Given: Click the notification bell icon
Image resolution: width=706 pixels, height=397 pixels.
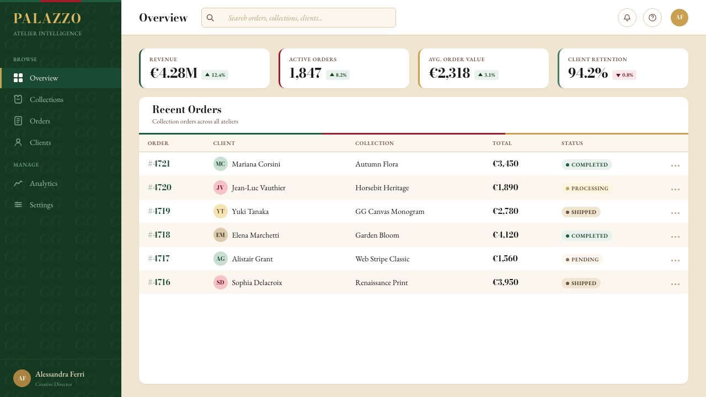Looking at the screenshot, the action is (627, 18).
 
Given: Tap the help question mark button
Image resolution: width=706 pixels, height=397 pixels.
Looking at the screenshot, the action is (652, 18).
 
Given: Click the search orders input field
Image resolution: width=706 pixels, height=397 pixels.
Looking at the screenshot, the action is (298, 18).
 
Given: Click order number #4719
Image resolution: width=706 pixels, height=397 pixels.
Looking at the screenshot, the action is (159, 211).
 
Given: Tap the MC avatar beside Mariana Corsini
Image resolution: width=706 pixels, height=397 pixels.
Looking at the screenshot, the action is (220, 164).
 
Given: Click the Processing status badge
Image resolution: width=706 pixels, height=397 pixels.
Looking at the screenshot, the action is (587, 189).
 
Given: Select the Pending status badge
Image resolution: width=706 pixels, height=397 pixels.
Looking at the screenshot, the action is (582, 260).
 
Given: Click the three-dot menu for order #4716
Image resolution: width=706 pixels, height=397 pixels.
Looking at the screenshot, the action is (675, 284).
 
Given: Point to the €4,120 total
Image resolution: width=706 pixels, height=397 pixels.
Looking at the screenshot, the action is (505, 235).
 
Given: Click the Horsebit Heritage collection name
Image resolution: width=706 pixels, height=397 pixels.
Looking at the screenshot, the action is (382, 188).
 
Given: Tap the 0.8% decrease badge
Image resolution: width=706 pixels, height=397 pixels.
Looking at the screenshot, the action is (624, 75).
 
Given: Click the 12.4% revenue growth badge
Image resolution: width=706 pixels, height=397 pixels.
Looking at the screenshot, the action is (215, 75).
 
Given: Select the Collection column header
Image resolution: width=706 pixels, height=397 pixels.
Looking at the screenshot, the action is (375, 143).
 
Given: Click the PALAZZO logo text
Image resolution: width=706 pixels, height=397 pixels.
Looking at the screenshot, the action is (47, 18).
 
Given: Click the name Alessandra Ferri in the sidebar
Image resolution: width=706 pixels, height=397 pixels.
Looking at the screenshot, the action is (60, 374).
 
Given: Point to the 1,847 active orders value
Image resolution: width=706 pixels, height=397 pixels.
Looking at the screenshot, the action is (305, 73).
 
